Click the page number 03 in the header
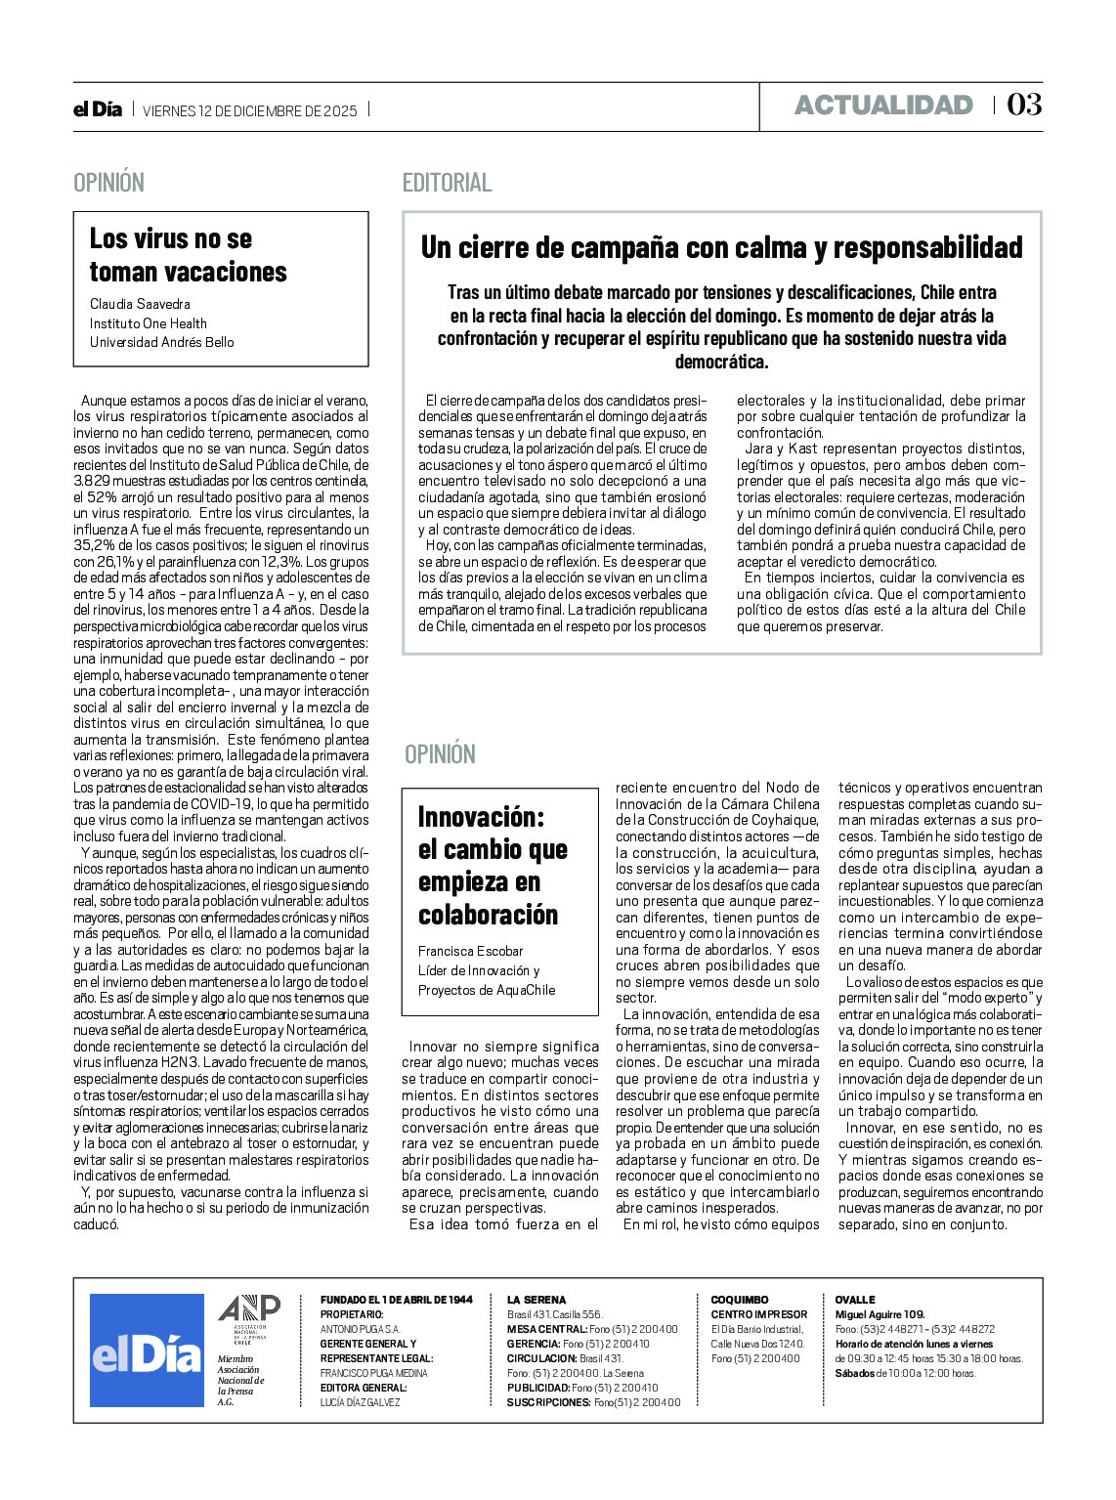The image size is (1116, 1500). (x=1024, y=105)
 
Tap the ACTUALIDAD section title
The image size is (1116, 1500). (x=883, y=106)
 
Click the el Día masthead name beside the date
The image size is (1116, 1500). (x=98, y=109)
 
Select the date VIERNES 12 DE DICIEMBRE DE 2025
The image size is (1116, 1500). (x=250, y=110)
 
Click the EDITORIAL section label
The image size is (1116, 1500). (x=447, y=183)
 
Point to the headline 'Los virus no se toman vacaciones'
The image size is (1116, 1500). (x=188, y=255)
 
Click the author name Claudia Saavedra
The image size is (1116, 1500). (x=140, y=304)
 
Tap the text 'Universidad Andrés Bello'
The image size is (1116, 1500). (x=161, y=342)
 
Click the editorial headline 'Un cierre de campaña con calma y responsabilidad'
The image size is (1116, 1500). (x=721, y=248)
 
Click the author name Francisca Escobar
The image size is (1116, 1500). (x=470, y=951)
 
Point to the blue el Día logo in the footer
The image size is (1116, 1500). (x=147, y=1350)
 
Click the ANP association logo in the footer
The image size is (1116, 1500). (x=248, y=1312)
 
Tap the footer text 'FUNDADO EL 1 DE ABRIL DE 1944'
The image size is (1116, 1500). (x=396, y=1300)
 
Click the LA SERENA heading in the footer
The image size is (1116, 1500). (x=536, y=1300)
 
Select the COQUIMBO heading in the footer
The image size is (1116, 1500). (x=739, y=1300)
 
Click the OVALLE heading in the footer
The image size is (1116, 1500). (x=855, y=1300)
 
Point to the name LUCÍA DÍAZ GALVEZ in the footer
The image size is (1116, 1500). (x=360, y=1402)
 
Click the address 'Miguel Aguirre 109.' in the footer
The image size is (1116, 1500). (x=880, y=1314)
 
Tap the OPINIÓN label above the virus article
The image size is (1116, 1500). (x=108, y=183)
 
